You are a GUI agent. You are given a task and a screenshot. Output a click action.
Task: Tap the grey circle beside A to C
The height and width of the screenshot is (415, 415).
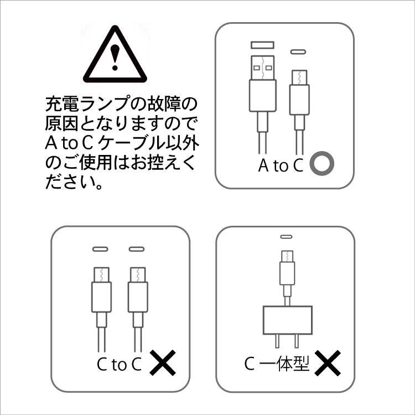(321, 164)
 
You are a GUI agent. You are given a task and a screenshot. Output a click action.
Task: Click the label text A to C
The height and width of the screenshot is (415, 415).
(281, 165)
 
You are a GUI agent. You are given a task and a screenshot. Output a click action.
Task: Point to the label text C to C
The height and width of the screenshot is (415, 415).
(119, 364)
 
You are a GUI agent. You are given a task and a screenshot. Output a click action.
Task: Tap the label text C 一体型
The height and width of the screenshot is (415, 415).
(276, 364)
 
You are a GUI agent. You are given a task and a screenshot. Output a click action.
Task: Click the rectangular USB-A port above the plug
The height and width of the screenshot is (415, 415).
(263, 44)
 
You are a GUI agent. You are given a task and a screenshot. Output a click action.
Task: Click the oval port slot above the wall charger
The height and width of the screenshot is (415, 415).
(286, 237)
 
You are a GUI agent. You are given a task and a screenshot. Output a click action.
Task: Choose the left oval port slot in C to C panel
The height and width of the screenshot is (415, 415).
(100, 250)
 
